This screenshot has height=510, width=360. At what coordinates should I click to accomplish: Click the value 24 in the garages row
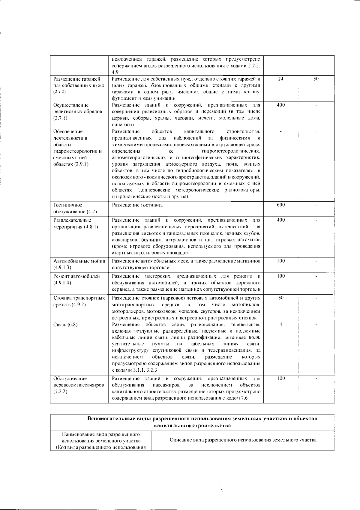pyautogui.click(x=280, y=79)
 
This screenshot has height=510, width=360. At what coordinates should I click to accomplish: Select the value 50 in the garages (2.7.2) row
pyautogui.click(x=316, y=79)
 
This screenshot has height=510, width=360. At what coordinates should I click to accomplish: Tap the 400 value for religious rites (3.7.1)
pyautogui.click(x=280, y=105)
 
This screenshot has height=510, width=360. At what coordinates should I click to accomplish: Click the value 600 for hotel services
pyautogui.click(x=280, y=205)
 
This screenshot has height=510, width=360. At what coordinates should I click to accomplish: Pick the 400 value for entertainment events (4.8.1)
pyautogui.click(x=280, y=220)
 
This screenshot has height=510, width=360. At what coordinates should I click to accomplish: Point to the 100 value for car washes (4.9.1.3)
pyautogui.click(x=280, y=261)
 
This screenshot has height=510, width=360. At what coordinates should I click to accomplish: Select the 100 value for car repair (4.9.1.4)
pyautogui.click(x=280, y=276)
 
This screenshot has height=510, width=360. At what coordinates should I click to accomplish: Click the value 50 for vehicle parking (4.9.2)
pyautogui.click(x=280, y=298)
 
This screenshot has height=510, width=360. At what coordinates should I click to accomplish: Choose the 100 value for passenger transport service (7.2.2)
pyautogui.click(x=280, y=378)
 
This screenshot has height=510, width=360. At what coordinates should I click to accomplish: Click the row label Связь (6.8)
pyautogui.click(x=65, y=325)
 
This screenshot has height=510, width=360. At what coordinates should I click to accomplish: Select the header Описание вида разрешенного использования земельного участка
pyautogui.click(x=243, y=440)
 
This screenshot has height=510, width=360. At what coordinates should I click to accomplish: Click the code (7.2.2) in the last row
pyautogui.click(x=60, y=391)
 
